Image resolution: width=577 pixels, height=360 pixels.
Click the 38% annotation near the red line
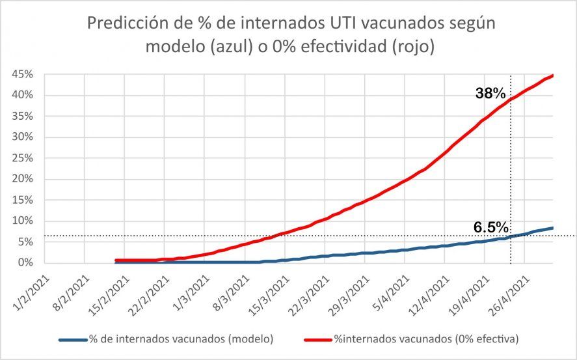tap(490, 94)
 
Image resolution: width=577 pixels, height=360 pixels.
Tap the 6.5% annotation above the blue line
tap(490, 227)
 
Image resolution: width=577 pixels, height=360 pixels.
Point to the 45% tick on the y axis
tap(21, 74)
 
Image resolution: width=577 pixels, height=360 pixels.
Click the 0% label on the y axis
tap(24, 263)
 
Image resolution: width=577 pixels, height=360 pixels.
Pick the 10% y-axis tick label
tap(21, 221)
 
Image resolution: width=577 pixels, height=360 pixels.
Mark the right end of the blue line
tap(553, 228)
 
